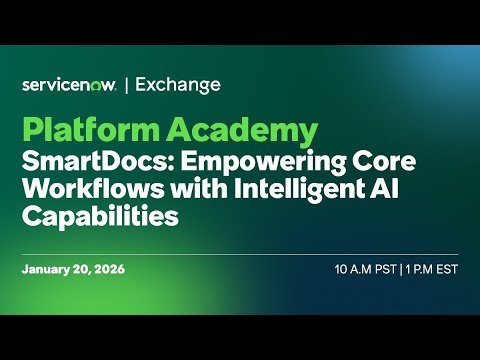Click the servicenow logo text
(x=69, y=85)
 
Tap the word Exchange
(x=178, y=85)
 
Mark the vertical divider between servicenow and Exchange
(x=127, y=85)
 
